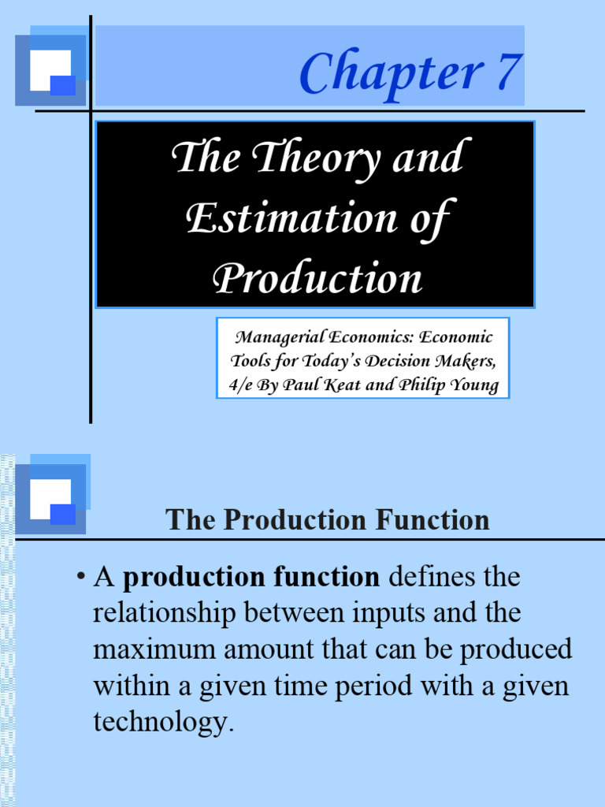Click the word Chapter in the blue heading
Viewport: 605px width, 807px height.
tap(390, 73)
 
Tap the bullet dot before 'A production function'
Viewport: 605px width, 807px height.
tap(80, 578)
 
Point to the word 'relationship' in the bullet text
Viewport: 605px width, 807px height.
tap(166, 612)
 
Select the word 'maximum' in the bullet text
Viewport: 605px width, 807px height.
tap(153, 649)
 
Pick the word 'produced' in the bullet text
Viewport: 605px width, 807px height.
tap(517, 649)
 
